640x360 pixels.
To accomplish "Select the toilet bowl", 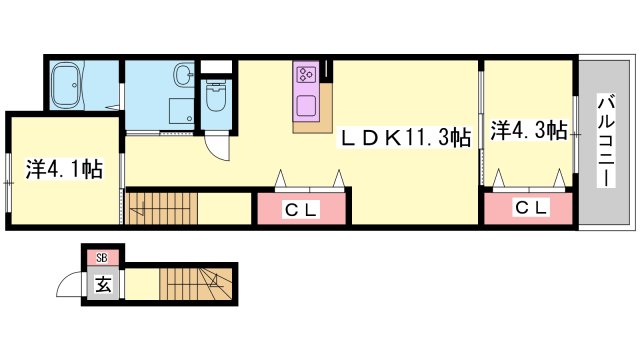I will (213, 97).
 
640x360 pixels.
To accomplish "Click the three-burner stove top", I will (306, 74).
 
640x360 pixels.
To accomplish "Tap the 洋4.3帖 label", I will (529, 130).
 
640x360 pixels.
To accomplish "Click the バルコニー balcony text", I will (605, 141).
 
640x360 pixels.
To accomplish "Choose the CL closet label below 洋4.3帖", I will (530, 208).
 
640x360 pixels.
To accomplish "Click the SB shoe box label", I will (101, 258).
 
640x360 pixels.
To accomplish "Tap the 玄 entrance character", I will (103, 283).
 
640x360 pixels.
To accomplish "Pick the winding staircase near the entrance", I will (199, 283).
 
